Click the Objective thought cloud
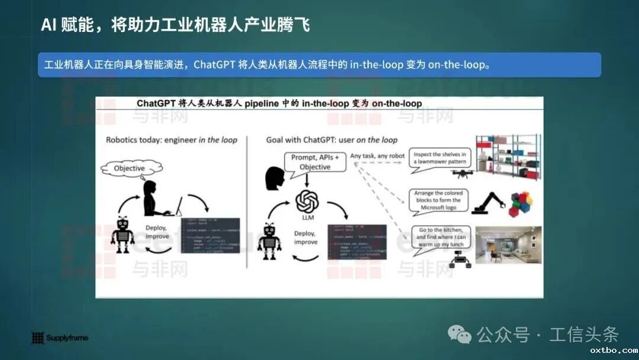pyautogui.click(x=129, y=168)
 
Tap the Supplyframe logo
pyautogui.click(x=59, y=338)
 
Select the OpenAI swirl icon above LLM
pyautogui.click(x=307, y=202)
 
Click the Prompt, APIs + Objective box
pyautogui.click(x=315, y=162)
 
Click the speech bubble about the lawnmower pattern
pyautogui.click(x=440, y=158)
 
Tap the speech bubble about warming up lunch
pyautogui.click(x=441, y=237)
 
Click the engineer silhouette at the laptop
pyautogui.click(x=154, y=200)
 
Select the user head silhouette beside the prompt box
pyautogui.click(x=276, y=178)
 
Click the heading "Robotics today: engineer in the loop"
pyautogui.click(x=172, y=140)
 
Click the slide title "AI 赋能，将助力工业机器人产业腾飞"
pyautogui.click(x=175, y=25)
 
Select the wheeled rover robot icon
pyautogui.click(x=459, y=259)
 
